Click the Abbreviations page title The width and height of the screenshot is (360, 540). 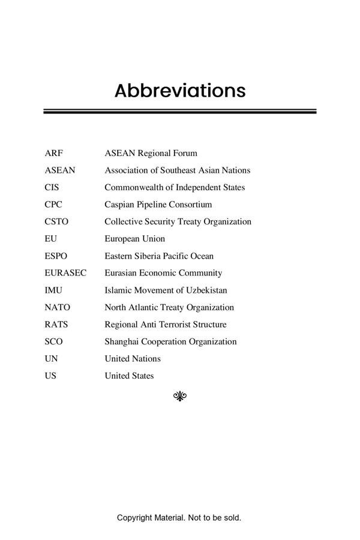pos(180,91)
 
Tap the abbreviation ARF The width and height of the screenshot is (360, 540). pos(53,153)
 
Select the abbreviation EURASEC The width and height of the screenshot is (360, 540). pos(65,273)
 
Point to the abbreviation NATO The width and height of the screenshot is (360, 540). pos(57,307)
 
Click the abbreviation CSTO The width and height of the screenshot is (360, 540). pos(56,221)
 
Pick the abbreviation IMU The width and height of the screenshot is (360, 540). pos(53,290)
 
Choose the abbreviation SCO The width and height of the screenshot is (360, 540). pos(53,341)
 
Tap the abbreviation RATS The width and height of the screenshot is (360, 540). pos(56,325)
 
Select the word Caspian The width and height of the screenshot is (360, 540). pos(119,205)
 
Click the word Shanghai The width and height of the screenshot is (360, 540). pos(122,341)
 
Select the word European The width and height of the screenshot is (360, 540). pos(123,239)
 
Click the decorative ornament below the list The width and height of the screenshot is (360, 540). pos(180,395)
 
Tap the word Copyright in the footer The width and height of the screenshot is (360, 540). pos(134,517)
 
